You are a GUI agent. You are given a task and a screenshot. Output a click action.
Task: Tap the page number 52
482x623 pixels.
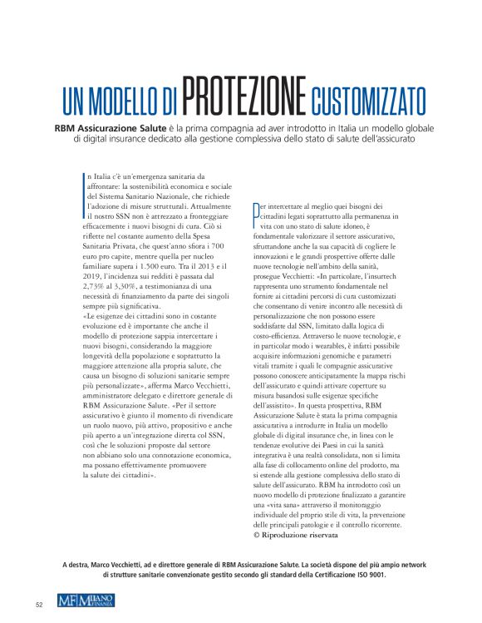pos(39,605)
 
